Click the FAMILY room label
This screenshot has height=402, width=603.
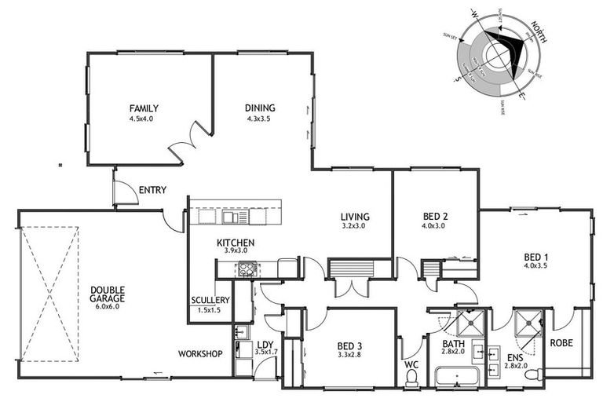point(144,108)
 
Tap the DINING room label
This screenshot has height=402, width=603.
point(260,108)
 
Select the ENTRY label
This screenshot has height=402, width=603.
point(151,190)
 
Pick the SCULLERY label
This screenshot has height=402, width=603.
point(210,300)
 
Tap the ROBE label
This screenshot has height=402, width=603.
point(561,343)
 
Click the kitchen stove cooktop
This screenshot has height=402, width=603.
point(248,269)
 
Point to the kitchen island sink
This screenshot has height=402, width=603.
point(233,216)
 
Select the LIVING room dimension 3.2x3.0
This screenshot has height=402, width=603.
point(355,226)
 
